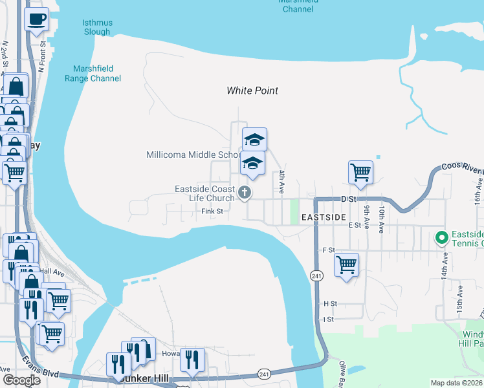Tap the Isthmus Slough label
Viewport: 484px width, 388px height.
tap(97, 27)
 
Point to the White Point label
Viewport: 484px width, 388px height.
tap(252, 91)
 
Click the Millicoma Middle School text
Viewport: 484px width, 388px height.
tap(193, 155)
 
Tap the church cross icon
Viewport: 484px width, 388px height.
tap(245, 191)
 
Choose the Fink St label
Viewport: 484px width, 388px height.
tap(212, 211)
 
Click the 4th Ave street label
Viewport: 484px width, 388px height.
tap(281, 181)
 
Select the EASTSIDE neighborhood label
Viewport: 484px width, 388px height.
tap(324, 218)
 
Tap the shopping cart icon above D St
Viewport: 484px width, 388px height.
tap(360, 173)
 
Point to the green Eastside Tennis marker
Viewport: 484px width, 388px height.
tap(442, 238)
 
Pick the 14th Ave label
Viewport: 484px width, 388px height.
tap(445, 265)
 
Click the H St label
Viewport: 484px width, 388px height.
tap(331, 303)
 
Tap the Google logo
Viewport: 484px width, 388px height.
tap(21, 380)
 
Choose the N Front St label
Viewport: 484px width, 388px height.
tap(42, 56)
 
